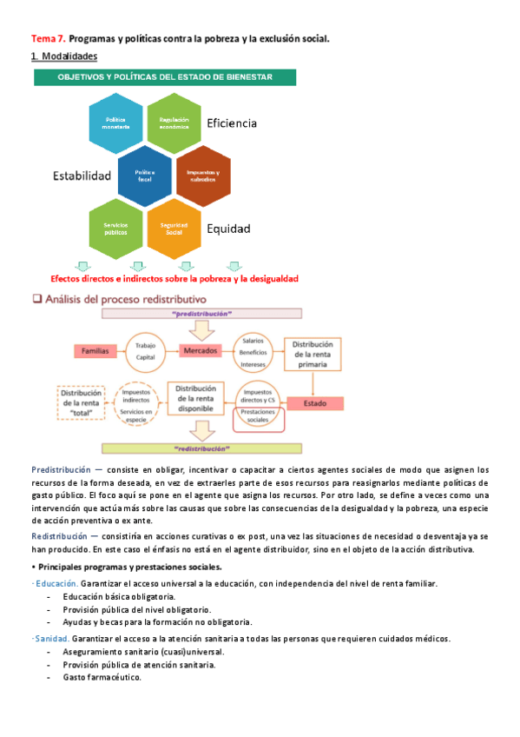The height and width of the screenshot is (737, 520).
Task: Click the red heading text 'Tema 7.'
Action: click(48, 39)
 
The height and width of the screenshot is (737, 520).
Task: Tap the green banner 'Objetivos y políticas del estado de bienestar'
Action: click(165, 77)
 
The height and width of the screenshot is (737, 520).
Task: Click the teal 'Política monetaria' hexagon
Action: click(117, 123)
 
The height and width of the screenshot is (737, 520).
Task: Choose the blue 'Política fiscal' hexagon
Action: click(145, 175)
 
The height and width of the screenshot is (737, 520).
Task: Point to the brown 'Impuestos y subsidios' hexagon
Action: click(203, 175)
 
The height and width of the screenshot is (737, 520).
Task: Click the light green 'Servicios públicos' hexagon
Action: click(117, 228)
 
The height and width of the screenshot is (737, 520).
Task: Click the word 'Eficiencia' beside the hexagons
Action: click(232, 123)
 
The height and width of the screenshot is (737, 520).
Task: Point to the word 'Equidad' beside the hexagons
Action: click(228, 229)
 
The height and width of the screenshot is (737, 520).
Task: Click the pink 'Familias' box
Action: click(95, 351)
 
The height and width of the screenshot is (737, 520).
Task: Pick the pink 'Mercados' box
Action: click(205, 351)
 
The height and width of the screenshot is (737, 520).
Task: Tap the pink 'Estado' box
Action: click(313, 404)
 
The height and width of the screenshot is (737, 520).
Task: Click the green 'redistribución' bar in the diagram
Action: click(207, 450)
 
